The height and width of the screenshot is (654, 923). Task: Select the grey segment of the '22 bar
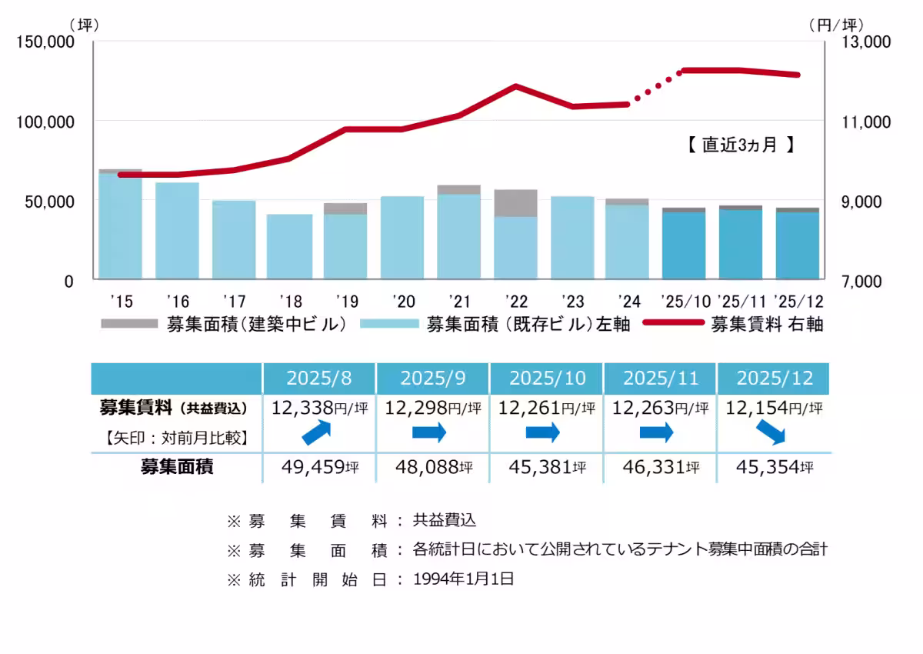tap(515, 203)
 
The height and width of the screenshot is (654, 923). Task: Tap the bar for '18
tap(290, 247)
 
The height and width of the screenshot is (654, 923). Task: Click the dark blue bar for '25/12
tap(797, 245)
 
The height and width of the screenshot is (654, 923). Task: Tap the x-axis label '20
tap(403, 300)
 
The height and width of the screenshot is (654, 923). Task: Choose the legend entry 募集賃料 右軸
tap(766, 325)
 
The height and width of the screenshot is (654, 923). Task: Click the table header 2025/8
tap(318, 379)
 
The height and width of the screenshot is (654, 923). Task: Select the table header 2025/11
tap(659, 379)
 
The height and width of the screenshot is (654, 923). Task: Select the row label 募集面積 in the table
tap(176, 467)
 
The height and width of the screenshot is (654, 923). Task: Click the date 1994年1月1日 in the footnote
tap(463, 579)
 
